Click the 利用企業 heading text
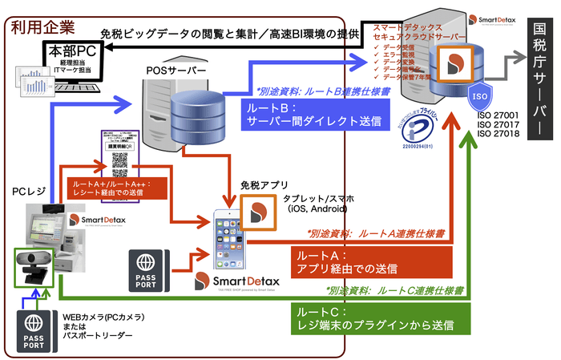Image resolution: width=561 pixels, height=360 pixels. point(38,28)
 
